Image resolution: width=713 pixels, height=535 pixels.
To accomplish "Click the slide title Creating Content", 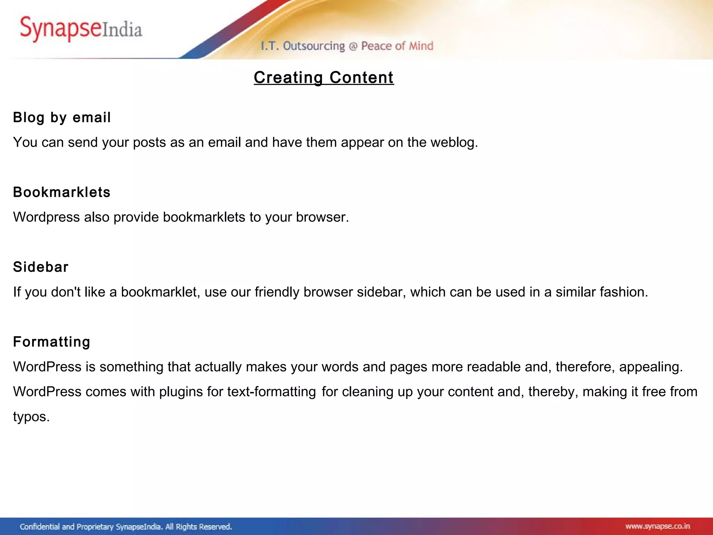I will click(x=323, y=77).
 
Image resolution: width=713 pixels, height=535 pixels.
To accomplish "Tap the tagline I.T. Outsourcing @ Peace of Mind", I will click(x=347, y=46).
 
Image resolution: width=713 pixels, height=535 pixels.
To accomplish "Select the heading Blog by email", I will click(x=62, y=117).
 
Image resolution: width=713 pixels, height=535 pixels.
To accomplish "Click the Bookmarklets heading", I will click(x=62, y=192).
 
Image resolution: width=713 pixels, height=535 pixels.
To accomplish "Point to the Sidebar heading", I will click(x=41, y=267).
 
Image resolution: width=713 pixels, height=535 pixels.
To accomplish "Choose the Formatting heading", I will click(x=52, y=342).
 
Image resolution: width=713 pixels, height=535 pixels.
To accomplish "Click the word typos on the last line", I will click(x=31, y=417).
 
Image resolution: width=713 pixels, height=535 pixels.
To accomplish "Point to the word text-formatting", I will click(x=272, y=392).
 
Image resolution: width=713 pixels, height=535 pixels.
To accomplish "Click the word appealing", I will click(x=650, y=367).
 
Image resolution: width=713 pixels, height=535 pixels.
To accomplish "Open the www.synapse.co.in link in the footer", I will click(x=657, y=526).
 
